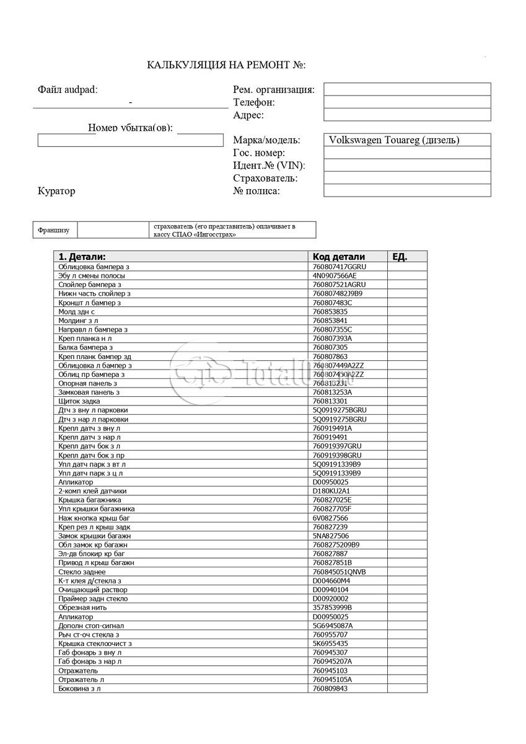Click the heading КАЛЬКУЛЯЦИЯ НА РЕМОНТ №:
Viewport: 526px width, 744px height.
click(x=226, y=65)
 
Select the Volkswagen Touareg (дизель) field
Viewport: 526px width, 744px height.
click(x=406, y=140)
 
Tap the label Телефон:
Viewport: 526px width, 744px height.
click(x=254, y=102)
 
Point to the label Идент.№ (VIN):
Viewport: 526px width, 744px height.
click(x=269, y=166)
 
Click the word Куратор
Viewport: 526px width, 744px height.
click(x=56, y=191)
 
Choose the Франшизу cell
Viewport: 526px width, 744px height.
click(x=55, y=230)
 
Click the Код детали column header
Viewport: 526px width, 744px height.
click(x=338, y=257)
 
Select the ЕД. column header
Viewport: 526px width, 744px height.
click(x=400, y=257)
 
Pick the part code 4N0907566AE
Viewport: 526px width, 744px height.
click(x=335, y=275)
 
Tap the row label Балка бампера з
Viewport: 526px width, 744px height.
click(x=85, y=348)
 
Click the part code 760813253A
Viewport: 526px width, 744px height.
click(x=332, y=392)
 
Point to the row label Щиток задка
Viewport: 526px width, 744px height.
click(x=79, y=401)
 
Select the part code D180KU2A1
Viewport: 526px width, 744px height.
click(x=331, y=491)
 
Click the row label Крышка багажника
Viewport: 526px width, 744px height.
click(x=90, y=500)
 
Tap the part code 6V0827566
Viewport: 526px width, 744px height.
click(x=330, y=518)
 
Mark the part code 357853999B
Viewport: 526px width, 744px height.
click(x=332, y=608)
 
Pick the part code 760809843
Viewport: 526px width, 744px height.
click(x=330, y=688)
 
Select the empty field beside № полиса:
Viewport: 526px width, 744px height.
click(x=406, y=191)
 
